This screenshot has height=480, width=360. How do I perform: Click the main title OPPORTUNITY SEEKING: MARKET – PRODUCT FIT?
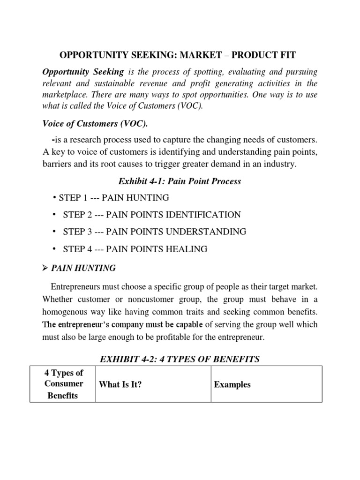pos(178,55)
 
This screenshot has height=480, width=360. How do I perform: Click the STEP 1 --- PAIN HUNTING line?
pos(111,198)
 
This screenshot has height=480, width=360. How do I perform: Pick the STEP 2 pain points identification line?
pos(152,215)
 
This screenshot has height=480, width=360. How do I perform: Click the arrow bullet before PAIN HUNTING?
pos(45,269)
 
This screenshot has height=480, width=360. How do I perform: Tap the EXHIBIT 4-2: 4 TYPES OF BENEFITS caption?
pos(180,359)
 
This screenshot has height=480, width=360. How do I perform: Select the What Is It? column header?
pos(120,384)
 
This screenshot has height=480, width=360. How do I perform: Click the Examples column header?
pos(232,384)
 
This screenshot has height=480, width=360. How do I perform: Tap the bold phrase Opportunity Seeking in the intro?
pos(83,72)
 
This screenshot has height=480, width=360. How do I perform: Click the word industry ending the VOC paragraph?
pos(279,164)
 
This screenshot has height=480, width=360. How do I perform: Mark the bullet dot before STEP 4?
pos(54,248)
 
